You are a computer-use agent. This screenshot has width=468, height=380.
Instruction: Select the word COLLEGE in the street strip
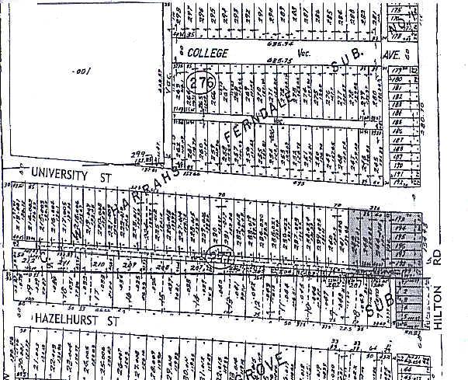[x=205, y=54]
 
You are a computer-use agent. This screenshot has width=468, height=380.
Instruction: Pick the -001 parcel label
[x=80, y=71]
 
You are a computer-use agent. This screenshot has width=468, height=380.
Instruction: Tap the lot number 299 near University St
[x=139, y=155]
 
